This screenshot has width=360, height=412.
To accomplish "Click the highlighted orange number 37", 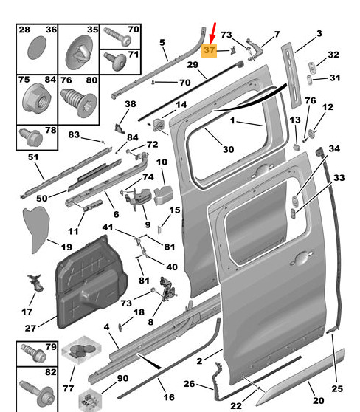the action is (209, 50).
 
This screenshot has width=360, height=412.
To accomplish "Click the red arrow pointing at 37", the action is (213, 33).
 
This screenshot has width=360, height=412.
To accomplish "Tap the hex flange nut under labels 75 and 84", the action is (37, 99).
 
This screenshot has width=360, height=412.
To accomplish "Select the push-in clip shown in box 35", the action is (79, 52).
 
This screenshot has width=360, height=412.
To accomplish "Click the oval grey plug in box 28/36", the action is (36, 48).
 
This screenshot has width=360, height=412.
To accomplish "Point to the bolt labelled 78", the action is (31, 137).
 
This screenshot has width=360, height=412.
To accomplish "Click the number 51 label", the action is (33, 157).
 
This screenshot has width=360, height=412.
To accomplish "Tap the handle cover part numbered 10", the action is (163, 195).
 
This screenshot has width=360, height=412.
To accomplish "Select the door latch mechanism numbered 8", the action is (167, 289).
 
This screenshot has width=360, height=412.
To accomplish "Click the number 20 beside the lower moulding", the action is (318, 400).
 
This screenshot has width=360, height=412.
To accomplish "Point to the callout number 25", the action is (337, 388).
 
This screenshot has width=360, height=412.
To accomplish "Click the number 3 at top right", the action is (319, 34).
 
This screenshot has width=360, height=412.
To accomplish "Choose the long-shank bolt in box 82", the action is (37, 392).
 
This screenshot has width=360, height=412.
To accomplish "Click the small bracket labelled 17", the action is (35, 284).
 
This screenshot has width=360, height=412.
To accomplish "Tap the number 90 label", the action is (122, 378).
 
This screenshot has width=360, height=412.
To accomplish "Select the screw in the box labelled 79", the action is (33, 353).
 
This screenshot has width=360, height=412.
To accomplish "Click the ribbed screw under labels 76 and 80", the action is (78, 103).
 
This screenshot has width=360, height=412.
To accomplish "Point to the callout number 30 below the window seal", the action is (229, 149).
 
